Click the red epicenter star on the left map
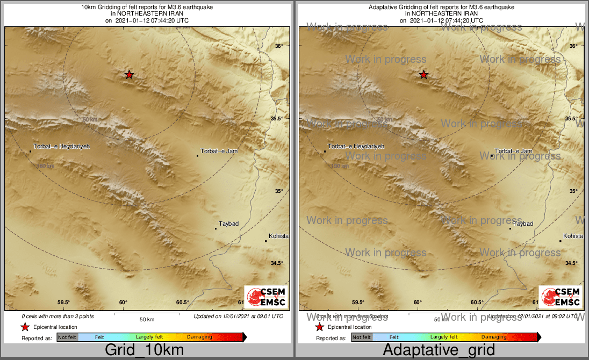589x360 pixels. pyautogui.click(x=129, y=75)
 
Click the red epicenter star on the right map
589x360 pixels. pyautogui.click(x=423, y=75)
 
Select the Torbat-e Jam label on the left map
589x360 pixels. pyautogui.click(x=219, y=152)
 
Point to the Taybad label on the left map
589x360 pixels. pyautogui.click(x=228, y=224)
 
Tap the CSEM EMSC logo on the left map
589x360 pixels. pyautogui.click(x=265, y=297)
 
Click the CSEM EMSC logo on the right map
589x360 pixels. pyautogui.click(x=560, y=297)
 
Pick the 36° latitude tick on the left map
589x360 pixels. pyautogui.click(x=278, y=46)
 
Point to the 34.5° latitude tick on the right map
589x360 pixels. pyautogui.click(x=571, y=263)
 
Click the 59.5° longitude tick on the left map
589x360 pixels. pyautogui.click(x=64, y=303)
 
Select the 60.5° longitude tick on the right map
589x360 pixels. pyautogui.click(x=477, y=303)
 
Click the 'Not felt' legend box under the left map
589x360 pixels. pyautogui.click(x=68, y=337)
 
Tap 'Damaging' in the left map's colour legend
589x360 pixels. pyautogui.click(x=199, y=337)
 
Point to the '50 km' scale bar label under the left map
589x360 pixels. pyautogui.click(x=147, y=320)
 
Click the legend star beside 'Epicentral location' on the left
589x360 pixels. pyautogui.click(x=25, y=327)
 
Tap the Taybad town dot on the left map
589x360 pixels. pyautogui.click(x=216, y=229)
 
